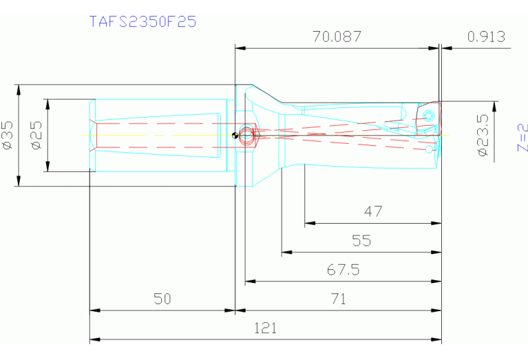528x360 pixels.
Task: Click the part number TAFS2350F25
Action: tap(142, 21)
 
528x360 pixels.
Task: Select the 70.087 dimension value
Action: tap(337, 37)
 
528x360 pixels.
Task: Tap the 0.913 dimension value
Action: tap(486, 37)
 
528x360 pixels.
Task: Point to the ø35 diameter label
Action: tap(8, 135)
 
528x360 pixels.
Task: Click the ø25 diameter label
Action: tap(36, 135)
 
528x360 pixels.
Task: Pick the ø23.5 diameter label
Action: tap(483, 135)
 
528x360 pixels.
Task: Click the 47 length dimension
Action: tap(372, 212)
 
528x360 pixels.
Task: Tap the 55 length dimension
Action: tap(361, 241)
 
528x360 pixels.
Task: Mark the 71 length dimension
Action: tap(338, 299)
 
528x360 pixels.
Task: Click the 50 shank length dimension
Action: tap(162, 299)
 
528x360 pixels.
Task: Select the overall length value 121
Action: tap(265, 328)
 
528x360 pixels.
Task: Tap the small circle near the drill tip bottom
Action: tap(429, 149)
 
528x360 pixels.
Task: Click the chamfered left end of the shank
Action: tap(93, 135)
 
